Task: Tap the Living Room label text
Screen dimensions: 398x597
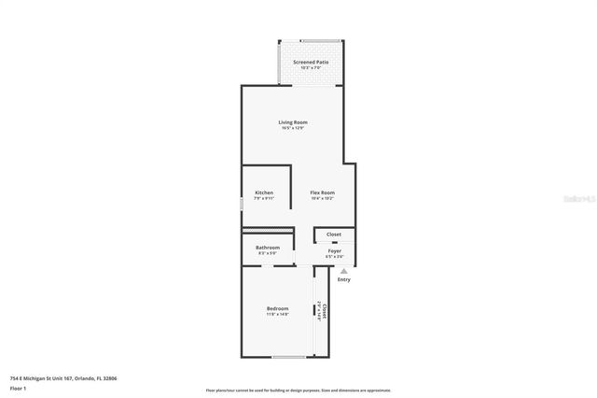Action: (293, 122)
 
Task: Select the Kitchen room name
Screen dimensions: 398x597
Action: (264, 192)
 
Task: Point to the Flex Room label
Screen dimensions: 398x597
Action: (322, 192)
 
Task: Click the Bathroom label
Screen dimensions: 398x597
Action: (268, 248)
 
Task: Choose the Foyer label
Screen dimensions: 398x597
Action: (334, 250)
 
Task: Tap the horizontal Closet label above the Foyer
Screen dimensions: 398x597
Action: (334, 235)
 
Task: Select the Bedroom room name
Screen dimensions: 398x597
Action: (277, 308)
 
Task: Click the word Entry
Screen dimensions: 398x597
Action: (344, 279)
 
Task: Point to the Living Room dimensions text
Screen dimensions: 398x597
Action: (293, 128)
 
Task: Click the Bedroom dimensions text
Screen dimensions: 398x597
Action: (277, 314)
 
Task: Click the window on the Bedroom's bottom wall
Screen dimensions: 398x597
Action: (289, 357)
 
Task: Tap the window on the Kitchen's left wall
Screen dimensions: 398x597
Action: (242, 203)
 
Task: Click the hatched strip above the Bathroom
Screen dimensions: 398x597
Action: (268, 230)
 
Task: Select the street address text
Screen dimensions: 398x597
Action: (63, 378)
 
